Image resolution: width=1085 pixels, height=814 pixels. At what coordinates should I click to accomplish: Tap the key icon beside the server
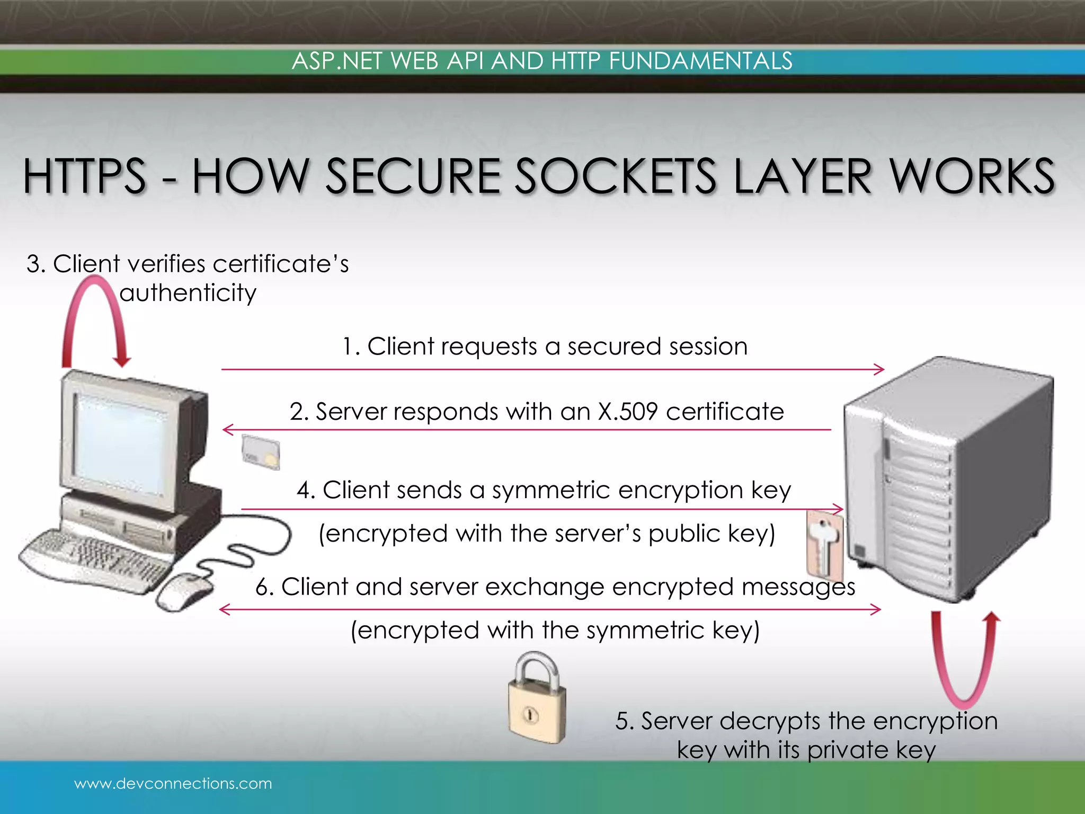(824, 545)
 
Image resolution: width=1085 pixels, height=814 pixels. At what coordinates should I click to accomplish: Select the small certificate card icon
(261, 452)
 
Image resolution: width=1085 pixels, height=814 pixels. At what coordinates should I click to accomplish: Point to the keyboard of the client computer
(95, 559)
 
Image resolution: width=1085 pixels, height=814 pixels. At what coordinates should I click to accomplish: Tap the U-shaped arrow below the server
(965, 662)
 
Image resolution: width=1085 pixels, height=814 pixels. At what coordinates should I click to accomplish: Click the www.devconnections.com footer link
(173, 783)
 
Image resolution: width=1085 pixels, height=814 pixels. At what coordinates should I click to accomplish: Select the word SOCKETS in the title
(617, 176)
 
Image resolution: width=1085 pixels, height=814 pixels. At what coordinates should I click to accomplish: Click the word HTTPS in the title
(85, 176)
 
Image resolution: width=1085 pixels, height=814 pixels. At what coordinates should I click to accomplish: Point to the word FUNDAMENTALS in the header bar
(700, 61)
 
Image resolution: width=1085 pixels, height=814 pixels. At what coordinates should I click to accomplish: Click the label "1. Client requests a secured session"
(545, 347)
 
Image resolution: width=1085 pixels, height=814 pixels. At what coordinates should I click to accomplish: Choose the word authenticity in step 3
(188, 293)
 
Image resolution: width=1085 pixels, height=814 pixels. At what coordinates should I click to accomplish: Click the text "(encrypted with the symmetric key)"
(555, 631)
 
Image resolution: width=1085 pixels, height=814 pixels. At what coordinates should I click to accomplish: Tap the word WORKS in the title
(972, 176)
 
